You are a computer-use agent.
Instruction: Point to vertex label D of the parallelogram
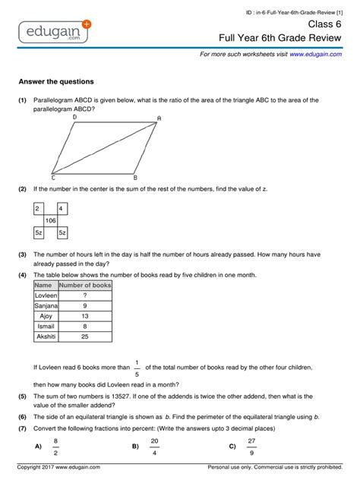click(74, 117)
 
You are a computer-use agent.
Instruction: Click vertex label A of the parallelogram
click(159, 118)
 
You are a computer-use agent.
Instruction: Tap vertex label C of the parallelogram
click(52, 177)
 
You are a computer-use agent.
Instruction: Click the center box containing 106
click(50, 220)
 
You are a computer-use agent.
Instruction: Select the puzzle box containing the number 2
click(37, 208)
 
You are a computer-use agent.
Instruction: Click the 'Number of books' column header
click(85, 285)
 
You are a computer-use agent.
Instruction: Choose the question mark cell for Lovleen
click(85, 295)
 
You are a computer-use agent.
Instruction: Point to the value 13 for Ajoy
click(85, 315)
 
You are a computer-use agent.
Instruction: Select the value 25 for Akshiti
click(85, 335)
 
